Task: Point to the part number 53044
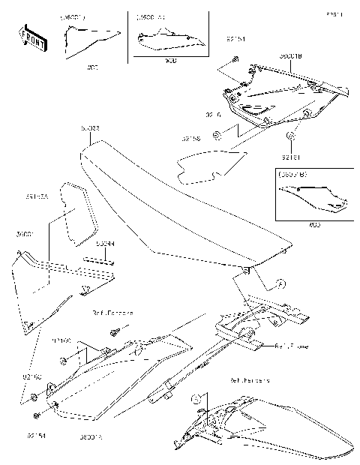tap(105, 244)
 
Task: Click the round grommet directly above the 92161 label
tap(291, 137)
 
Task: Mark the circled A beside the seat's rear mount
tap(280, 283)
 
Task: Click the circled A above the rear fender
tap(195, 398)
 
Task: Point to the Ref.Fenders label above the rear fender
tap(250, 380)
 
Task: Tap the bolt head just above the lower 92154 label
tap(35, 415)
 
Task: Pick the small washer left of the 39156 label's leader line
tap(217, 135)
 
